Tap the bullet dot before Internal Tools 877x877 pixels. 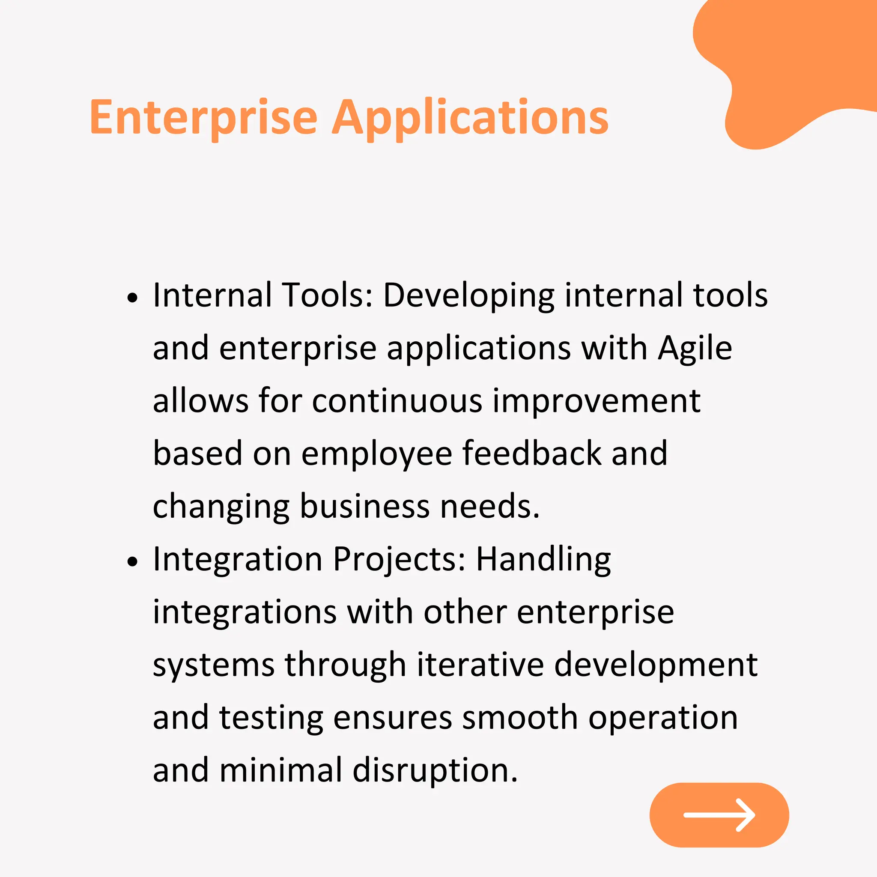132,298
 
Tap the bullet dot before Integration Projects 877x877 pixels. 132,562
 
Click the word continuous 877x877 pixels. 397,401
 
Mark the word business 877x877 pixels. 364,507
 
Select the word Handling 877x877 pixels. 543,560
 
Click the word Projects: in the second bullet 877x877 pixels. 399,560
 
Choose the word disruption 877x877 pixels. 435,772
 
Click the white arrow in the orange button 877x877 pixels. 719,815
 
